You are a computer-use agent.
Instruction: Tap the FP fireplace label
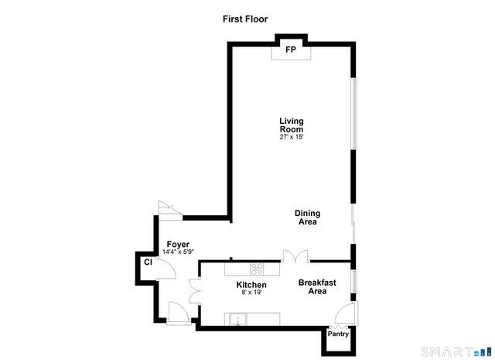tap(291, 50)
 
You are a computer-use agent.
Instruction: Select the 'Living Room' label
tap(292, 125)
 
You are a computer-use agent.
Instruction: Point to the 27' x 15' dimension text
tap(292, 138)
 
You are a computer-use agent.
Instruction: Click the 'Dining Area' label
tap(307, 218)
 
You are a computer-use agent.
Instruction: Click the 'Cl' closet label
tap(147, 263)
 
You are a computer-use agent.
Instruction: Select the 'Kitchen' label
tap(251, 285)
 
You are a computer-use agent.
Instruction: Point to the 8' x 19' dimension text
tap(251, 293)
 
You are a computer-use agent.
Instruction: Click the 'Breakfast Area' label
tap(317, 287)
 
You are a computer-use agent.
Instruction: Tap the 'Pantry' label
tap(339, 334)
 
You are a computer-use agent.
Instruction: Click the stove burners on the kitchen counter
tap(258, 269)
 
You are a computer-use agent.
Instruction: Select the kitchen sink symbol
tap(237, 318)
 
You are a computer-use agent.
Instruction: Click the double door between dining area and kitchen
tap(295, 255)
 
